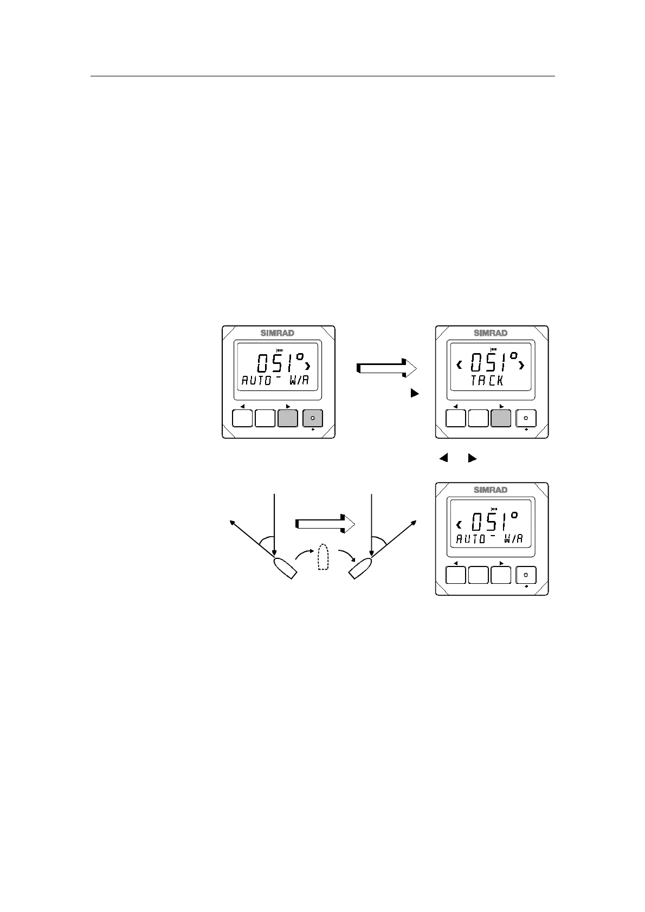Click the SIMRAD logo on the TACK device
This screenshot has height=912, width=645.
(491, 333)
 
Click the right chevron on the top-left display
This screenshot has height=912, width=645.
(309, 366)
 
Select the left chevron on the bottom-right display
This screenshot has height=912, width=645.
(459, 524)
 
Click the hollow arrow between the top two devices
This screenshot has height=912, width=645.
(386, 368)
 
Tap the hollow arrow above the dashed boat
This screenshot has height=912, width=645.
(325, 524)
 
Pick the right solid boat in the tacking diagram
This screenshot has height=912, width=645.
(362, 568)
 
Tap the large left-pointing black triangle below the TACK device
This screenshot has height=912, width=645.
(443, 458)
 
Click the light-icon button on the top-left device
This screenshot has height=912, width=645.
(312, 419)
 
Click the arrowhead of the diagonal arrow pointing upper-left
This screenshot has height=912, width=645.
(232, 522)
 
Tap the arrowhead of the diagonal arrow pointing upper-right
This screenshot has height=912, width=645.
(415, 522)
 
